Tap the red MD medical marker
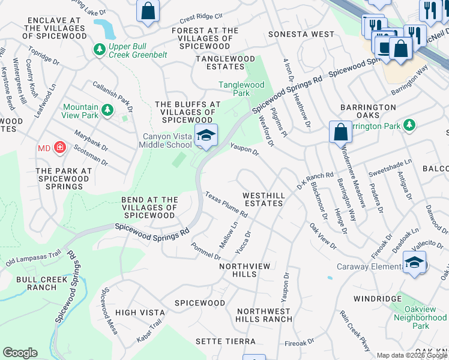pos(59,148)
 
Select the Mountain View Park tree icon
pos(107,110)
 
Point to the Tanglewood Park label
pos(241,89)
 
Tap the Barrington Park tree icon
pos(410,125)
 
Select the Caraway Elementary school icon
pos(414,262)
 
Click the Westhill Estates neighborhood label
pos(262,199)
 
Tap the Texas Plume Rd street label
pos(226,205)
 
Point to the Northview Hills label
pos(246,270)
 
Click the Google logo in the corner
pos(20,353)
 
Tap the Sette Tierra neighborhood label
pos(226,341)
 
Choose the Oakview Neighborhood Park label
pos(421,317)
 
